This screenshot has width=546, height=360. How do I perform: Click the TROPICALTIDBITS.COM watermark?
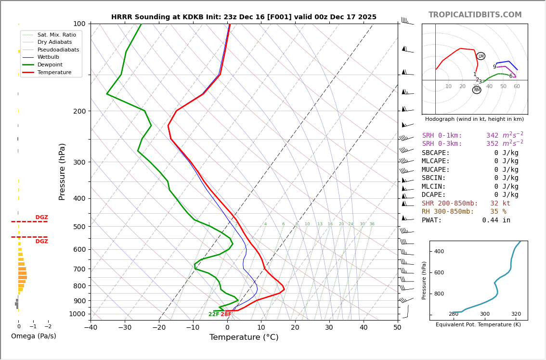coord(475,15)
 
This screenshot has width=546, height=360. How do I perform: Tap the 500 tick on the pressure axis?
coord(79,227)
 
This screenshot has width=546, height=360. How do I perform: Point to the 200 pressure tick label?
coord(79,111)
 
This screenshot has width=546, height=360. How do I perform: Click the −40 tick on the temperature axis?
coord(91,328)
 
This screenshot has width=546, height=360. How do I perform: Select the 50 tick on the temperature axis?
coord(397,328)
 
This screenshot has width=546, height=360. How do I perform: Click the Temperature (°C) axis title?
coord(244,337)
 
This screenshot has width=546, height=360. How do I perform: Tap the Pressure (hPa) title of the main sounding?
coord(62,171)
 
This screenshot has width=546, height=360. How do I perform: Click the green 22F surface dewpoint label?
coord(214,314)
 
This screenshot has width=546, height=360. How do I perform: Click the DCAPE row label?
coord(434,195)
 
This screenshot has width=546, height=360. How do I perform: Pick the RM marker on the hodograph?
coord(477,90)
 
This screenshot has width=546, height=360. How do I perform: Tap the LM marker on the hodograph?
coord(481,56)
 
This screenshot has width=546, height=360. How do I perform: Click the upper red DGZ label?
coord(41,218)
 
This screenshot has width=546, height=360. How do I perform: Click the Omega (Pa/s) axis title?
coord(33,336)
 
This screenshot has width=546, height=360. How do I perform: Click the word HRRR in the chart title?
coord(121,17)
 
